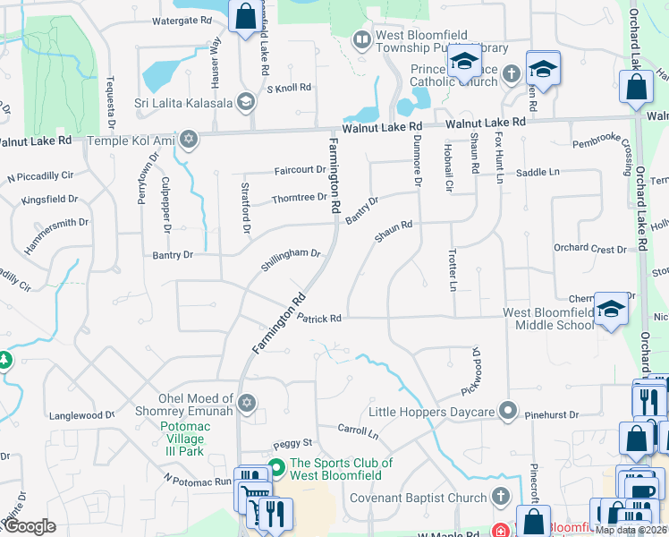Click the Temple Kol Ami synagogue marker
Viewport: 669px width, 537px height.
[188, 140]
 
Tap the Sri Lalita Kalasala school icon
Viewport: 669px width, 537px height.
[244, 101]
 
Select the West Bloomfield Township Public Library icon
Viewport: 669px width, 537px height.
[361, 39]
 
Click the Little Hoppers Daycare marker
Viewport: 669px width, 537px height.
[509, 412]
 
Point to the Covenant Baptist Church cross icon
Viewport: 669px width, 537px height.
[499, 496]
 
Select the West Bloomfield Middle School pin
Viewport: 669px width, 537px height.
[611, 309]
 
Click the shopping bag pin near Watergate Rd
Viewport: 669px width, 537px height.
[244, 16]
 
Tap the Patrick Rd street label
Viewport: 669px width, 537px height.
[319, 318]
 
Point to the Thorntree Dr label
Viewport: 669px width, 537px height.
[300, 197]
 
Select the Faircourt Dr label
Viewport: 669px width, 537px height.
[301, 169]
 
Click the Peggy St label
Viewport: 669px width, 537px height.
[292, 443]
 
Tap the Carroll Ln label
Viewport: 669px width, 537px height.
[358, 431]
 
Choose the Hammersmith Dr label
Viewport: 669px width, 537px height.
[56, 235]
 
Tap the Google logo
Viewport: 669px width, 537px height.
[30, 525]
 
